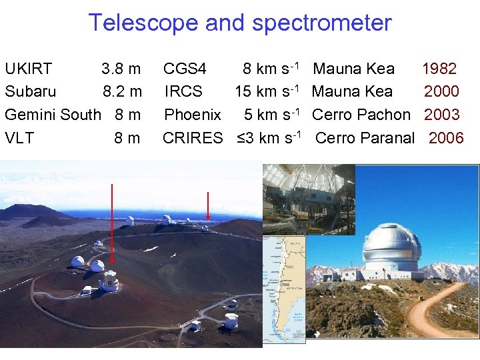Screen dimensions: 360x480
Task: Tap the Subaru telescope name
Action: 31,91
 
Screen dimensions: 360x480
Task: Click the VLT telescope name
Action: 19,138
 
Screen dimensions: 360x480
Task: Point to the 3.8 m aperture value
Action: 121,69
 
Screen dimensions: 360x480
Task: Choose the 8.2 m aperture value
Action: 122,91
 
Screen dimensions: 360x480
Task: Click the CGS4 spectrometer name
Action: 185,69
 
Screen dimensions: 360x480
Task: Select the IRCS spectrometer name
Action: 183,91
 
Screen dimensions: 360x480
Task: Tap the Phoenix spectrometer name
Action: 193,115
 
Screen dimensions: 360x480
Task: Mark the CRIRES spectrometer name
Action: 193,138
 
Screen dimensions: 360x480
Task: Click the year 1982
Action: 439,69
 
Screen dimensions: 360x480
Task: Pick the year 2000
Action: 441,91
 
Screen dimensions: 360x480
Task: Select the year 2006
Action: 446,138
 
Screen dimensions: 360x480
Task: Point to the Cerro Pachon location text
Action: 361,115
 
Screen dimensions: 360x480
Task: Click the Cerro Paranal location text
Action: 365,138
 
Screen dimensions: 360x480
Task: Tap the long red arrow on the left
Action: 112,227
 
